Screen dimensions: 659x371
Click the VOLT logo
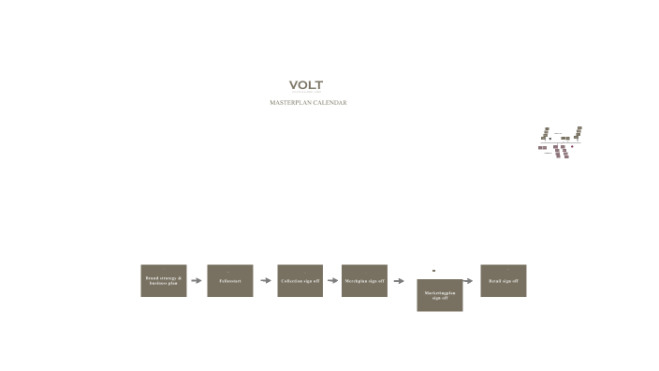306,85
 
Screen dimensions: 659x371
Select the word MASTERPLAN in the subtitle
290,102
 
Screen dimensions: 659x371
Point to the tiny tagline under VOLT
306,93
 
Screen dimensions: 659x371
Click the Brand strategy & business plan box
164,280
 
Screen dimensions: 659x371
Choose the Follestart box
230,280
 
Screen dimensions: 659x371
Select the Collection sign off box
300,280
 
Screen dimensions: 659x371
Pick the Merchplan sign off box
364,280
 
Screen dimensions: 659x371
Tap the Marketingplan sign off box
440,295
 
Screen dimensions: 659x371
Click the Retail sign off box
504,280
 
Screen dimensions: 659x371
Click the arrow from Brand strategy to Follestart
197,280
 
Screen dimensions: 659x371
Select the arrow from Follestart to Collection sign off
266,280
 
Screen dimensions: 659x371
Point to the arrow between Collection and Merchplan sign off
332,280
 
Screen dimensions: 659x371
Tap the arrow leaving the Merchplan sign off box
399,280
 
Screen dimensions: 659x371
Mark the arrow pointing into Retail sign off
470,280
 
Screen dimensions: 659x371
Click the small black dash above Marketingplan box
433,271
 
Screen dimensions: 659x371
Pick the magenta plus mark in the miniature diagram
572,146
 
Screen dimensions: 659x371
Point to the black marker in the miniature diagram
549,138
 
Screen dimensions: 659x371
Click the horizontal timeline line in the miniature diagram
560,142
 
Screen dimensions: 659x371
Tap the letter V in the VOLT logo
294,85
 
